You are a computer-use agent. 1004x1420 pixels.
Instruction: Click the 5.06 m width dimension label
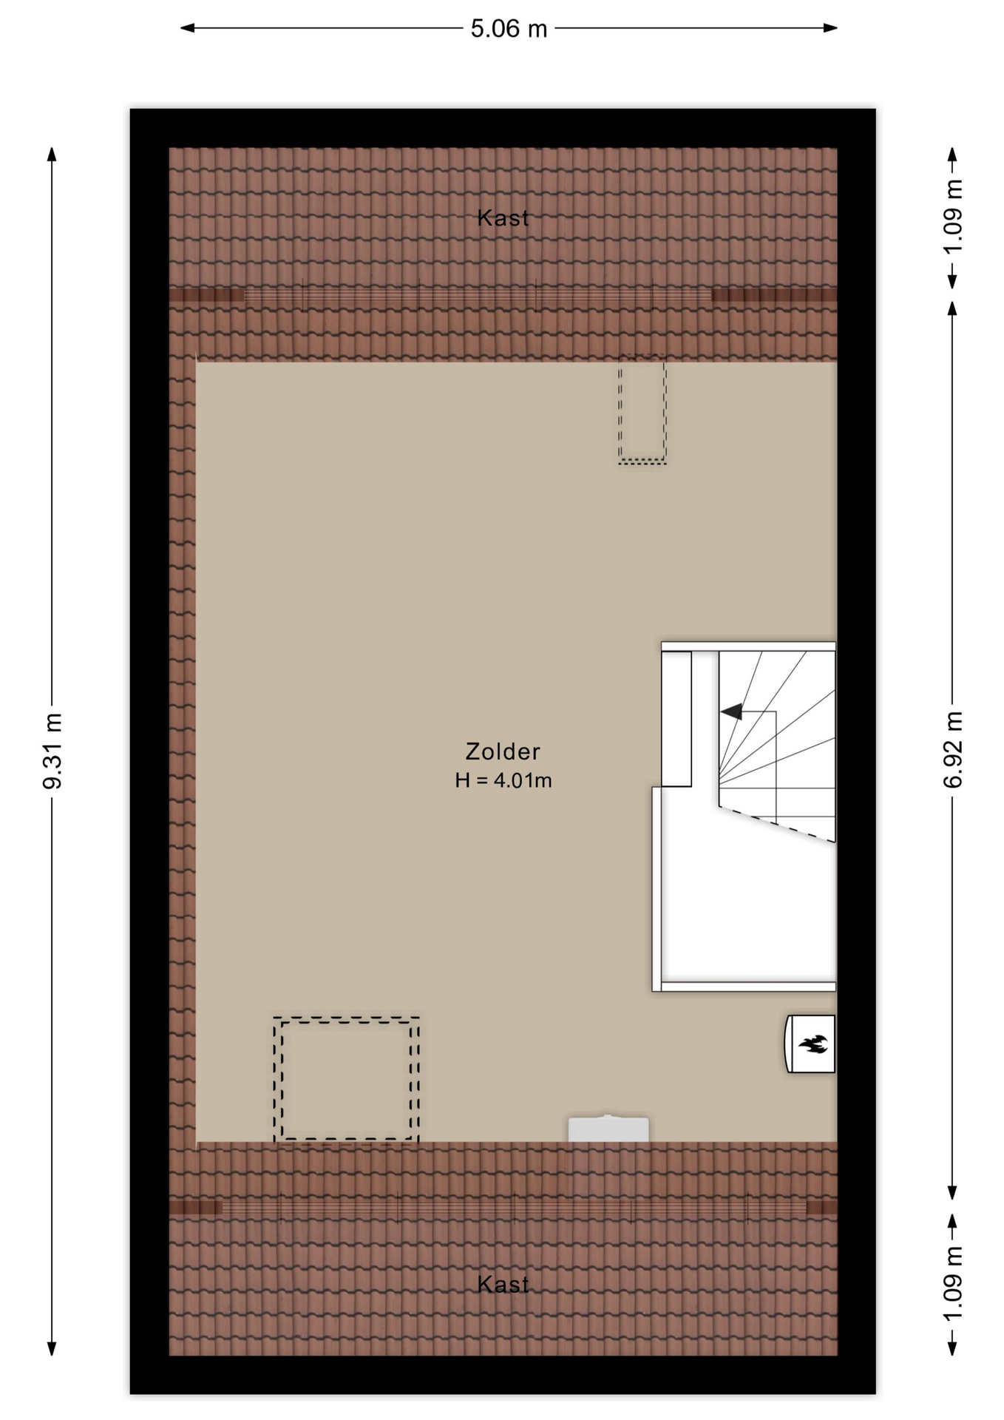509,29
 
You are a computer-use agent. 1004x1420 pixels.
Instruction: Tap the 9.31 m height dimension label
52,751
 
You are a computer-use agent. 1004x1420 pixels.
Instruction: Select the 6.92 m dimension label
953,749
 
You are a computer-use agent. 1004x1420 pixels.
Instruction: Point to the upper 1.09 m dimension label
953,216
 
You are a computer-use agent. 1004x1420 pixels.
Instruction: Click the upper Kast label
503,217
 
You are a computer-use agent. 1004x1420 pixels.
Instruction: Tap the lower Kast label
503,1285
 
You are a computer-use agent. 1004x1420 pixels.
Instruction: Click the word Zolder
503,751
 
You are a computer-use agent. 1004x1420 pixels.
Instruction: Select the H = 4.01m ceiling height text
503,780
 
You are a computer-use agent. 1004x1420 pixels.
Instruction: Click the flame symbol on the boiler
813,1044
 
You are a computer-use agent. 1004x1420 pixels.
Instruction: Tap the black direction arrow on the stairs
731,711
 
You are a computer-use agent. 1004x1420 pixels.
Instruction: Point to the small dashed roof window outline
642,411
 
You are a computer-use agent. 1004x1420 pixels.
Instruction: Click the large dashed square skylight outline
346,1080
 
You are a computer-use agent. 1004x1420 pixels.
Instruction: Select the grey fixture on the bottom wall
608,1129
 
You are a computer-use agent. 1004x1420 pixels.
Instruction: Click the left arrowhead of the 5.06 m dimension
188,28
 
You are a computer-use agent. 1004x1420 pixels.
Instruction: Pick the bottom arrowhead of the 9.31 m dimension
52,1348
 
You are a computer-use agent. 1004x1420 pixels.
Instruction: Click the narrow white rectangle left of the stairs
676,718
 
